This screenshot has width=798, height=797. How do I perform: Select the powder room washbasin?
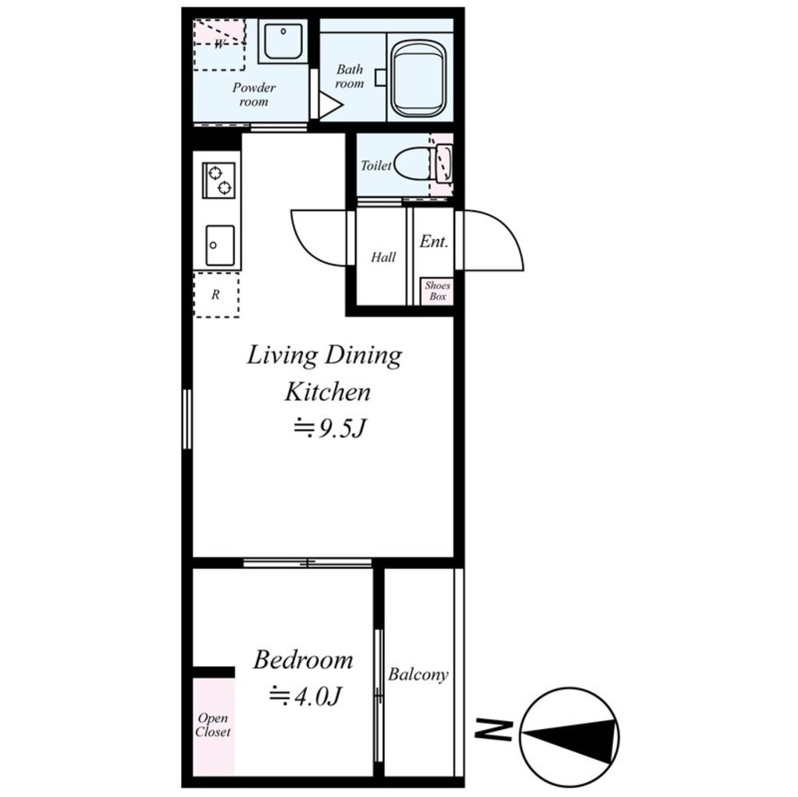(x=283, y=41)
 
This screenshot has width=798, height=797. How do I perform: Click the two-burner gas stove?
(x=219, y=180)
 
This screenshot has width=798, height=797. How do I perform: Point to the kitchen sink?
(x=220, y=245)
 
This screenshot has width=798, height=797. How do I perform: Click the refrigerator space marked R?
(x=216, y=295)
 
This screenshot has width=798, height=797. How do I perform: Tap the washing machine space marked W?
(x=219, y=45)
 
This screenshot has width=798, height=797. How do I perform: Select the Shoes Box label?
(x=438, y=291)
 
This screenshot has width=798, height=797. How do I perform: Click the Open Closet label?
(x=213, y=724)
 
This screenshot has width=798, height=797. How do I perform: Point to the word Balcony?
(x=418, y=675)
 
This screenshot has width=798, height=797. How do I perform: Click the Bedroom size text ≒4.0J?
(x=305, y=696)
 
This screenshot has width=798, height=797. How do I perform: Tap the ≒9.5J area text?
(x=329, y=429)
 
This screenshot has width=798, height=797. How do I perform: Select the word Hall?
(x=383, y=257)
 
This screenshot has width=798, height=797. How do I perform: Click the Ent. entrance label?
(x=434, y=241)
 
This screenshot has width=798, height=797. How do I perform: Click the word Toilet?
(x=376, y=166)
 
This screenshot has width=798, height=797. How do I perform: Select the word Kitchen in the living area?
(x=327, y=392)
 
